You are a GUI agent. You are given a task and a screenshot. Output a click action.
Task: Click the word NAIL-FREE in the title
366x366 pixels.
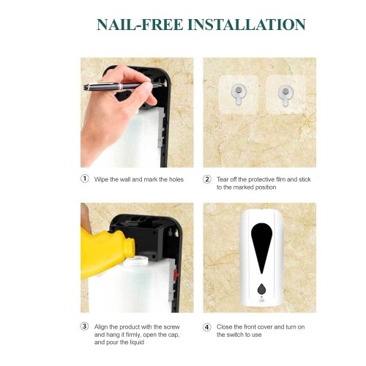click(140, 24)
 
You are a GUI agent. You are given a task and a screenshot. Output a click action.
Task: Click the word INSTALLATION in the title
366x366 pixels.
click(247, 24)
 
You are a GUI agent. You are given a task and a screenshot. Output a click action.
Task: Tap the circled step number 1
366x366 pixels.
click(84, 179)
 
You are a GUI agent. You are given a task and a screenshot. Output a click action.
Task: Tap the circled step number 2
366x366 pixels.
click(207, 179)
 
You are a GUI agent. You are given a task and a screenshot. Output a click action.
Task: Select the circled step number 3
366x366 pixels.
click(84, 326)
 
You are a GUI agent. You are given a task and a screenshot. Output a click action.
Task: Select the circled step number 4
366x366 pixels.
click(207, 327)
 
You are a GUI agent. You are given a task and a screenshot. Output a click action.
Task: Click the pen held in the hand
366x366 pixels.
click(121, 86)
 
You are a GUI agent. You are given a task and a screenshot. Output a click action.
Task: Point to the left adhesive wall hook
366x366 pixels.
click(239, 94)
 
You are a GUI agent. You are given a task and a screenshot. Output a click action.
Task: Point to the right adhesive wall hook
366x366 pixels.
click(285, 95)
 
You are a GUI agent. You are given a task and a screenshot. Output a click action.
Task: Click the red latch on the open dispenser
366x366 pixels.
click(176, 273)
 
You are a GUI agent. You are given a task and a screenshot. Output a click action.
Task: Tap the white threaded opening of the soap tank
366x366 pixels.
click(136, 261)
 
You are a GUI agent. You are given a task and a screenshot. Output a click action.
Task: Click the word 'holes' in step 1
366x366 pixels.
click(176, 179)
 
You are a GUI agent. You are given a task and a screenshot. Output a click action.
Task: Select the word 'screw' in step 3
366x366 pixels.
click(171, 326)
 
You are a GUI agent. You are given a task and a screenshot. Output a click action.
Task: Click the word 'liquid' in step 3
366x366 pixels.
click(136, 343)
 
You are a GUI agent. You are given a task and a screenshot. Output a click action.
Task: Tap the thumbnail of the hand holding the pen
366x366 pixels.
click(137, 113)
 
